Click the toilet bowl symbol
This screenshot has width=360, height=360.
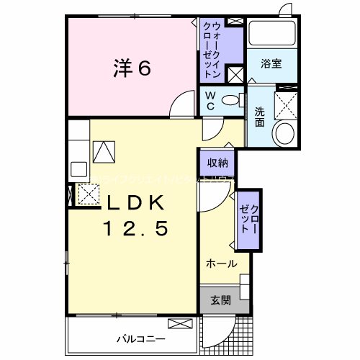click(230, 101)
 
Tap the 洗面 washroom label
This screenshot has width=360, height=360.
click(259, 116)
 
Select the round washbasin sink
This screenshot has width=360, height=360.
click(284, 133)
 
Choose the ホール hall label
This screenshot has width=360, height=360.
click(222, 264)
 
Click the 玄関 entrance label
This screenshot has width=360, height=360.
click(220, 300)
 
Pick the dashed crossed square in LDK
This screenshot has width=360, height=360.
click(88, 194)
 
